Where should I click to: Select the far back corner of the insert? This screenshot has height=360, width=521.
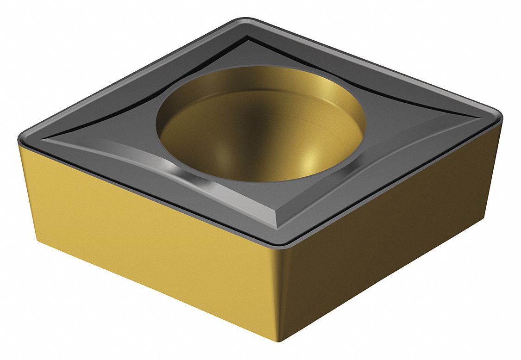(x=244, y=19)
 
